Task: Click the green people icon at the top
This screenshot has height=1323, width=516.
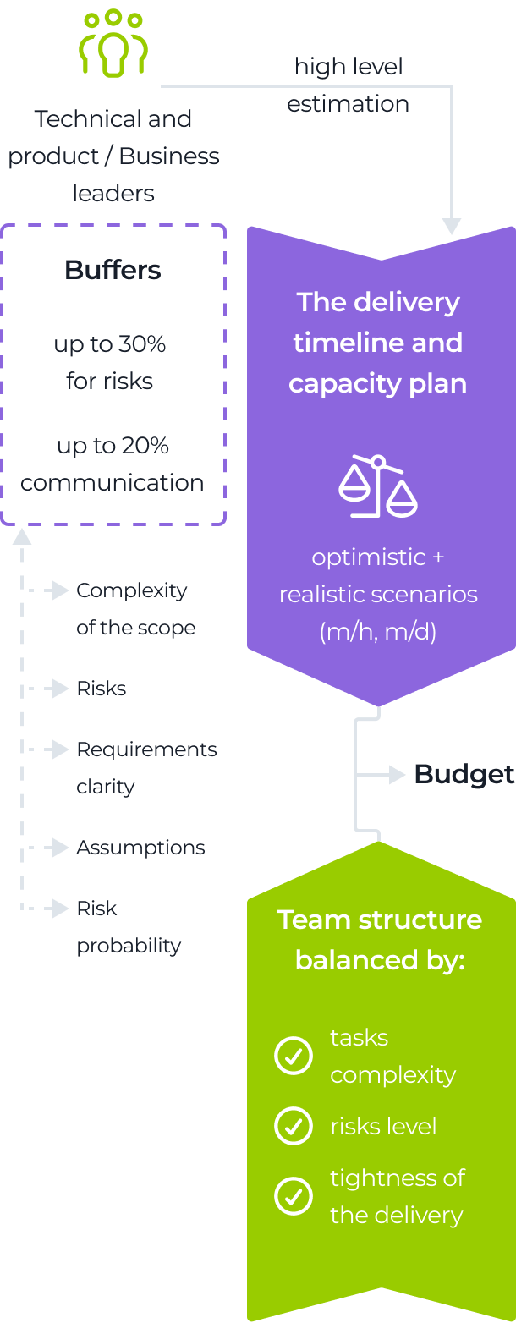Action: point(113,44)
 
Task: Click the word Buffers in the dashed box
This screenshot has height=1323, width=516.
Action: point(113,271)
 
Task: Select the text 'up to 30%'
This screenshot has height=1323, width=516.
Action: point(110,344)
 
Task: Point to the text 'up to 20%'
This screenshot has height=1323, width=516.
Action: point(113,446)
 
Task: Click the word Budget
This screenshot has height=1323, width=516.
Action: point(464,774)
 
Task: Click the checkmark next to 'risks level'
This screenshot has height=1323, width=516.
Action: point(294,1126)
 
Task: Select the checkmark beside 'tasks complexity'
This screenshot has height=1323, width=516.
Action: point(294,1057)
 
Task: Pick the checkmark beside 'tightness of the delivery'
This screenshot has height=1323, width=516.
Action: point(294,1196)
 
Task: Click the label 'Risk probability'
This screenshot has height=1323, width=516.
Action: point(129,926)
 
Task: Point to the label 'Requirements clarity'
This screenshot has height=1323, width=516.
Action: point(146,767)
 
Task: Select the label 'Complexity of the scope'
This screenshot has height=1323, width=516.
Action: point(135,609)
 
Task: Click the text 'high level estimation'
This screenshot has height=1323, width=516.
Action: point(349,85)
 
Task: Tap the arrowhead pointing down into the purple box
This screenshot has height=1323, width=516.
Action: point(453,226)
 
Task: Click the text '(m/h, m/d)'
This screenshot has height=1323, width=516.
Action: point(378,631)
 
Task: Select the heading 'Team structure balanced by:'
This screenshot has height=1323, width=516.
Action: point(380,940)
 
